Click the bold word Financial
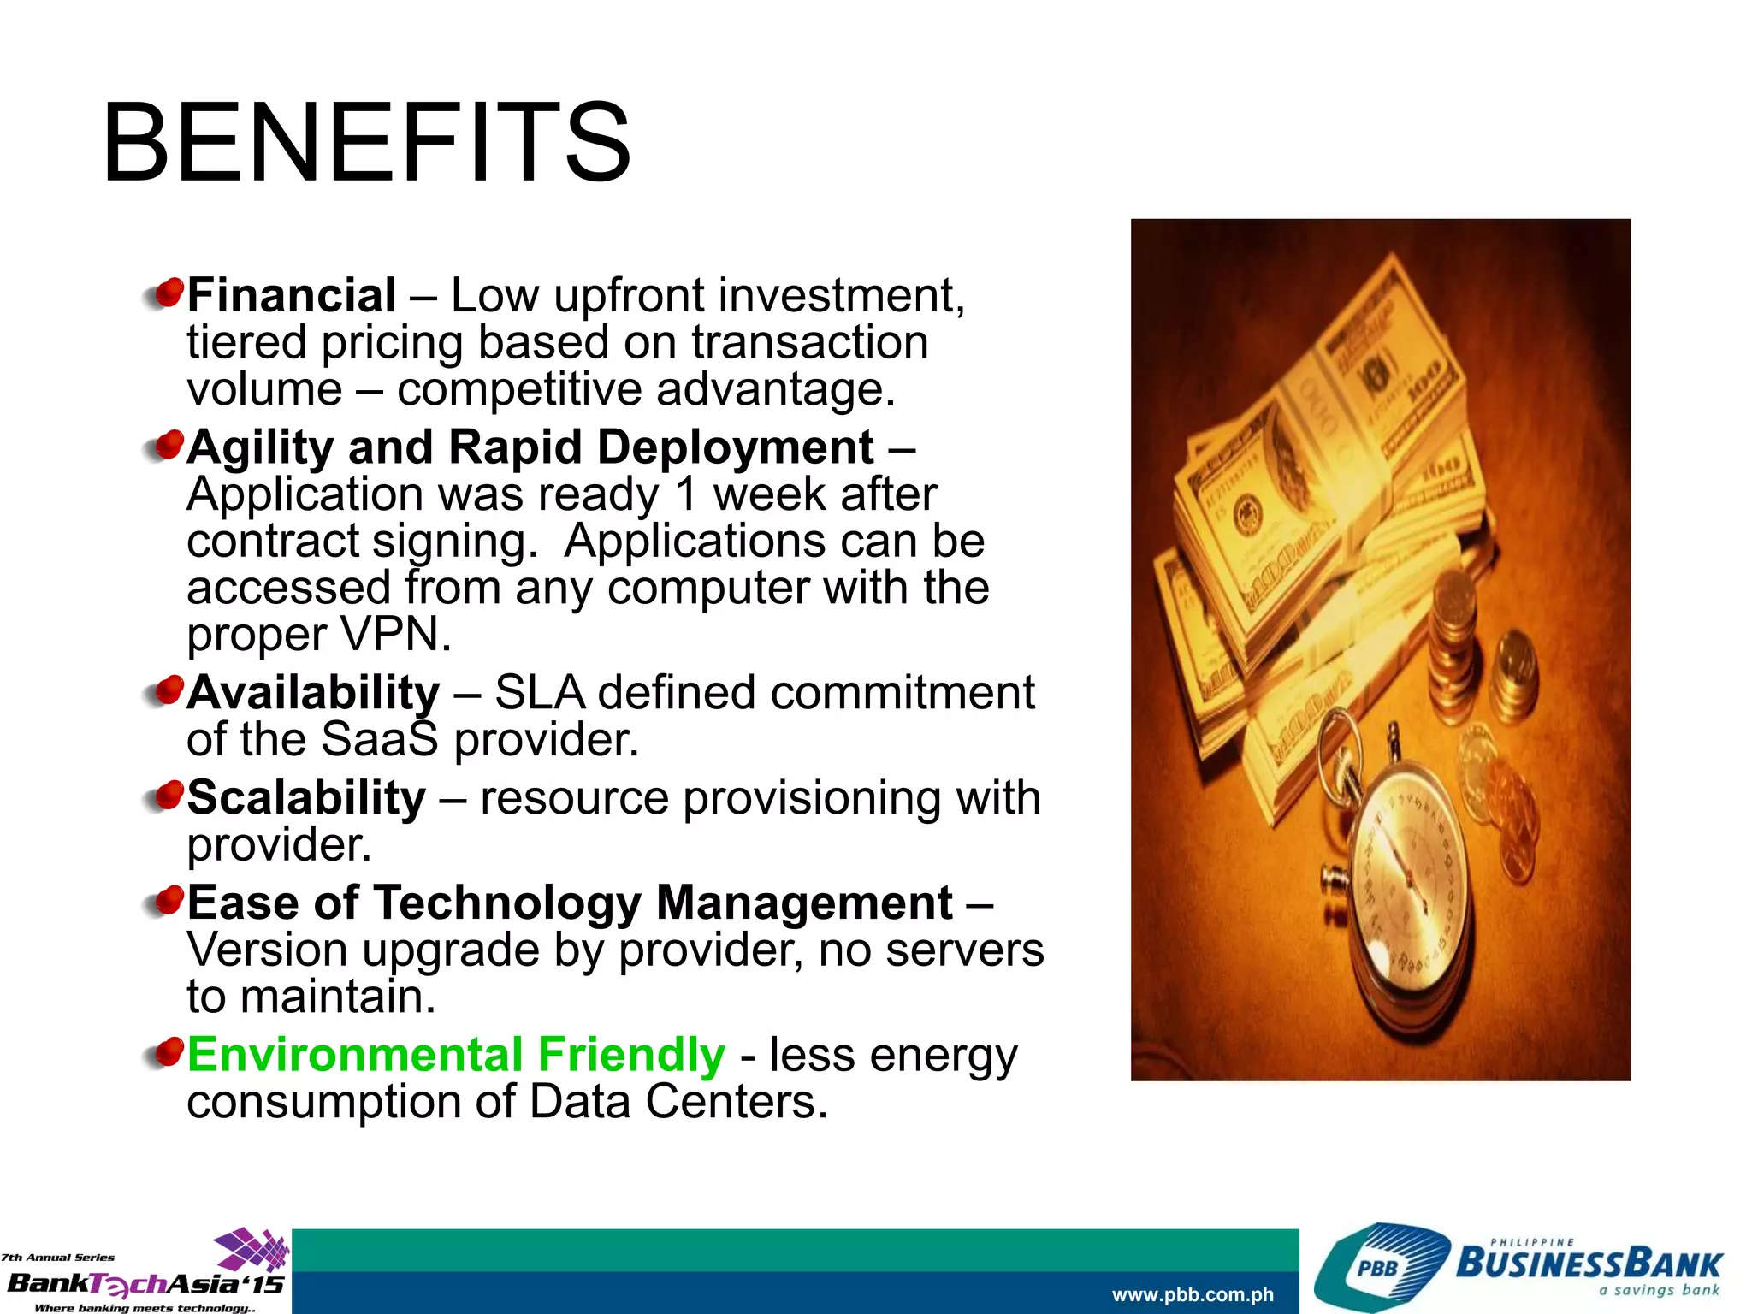[x=291, y=296]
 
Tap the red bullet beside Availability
[x=168, y=690]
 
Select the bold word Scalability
[x=306, y=797]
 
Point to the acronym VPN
[x=395, y=634]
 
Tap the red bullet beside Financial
[x=168, y=293]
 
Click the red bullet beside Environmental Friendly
[x=168, y=1051]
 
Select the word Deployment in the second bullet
[x=735, y=447]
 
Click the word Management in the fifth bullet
[x=804, y=903]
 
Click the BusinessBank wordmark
[x=1589, y=1264]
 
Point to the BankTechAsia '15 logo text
[x=145, y=1283]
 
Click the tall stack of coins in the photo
[x=1452, y=624]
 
